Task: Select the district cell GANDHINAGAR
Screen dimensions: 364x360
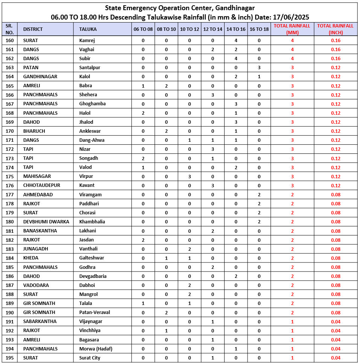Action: pyautogui.click(x=40, y=77)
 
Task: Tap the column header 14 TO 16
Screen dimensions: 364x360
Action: pyautogui.click(x=236, y=29)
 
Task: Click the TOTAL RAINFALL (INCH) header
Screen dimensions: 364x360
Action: pyautogui.click(x=335, y=29)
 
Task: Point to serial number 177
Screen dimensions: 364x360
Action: pyautogui.click(x=10, y=195)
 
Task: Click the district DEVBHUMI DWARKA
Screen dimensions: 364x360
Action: pyautogui.click(x=46, y=222)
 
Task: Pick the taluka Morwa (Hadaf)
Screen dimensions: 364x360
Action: pyautogui.click(x=96, y=349)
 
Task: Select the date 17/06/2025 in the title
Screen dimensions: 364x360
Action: pyautogui.click(x=292, y=17)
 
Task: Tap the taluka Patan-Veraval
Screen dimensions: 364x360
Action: pyautogui.click(x=94, y=312)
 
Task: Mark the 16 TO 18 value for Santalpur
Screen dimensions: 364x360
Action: pyautogui.click(x=259, y=68)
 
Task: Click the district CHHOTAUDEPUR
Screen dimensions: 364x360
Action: pyautogui.click(x=42, y=185)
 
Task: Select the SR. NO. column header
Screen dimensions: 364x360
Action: pyautogui.click(x=10, y=29)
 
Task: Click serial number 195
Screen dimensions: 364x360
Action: pyautogui.click(x=10, y=358)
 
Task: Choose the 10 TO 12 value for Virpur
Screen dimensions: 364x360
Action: pyautogui.click(x=190, y=176)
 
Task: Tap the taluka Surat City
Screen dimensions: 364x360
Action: pyautogui.click(x=90, y=358)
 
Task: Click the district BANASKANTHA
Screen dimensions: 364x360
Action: pyautogui.click(x=40, y=231)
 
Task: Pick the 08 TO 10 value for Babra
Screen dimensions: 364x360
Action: pyautogui.click(x=166, y=86)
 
